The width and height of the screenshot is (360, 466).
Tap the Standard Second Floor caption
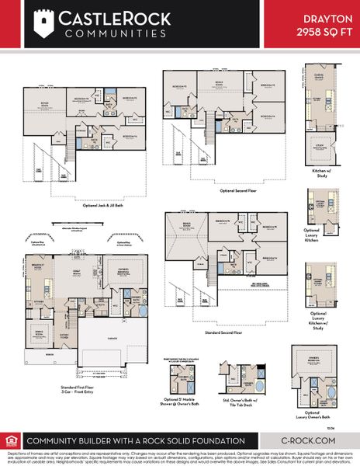click(223, 332)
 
